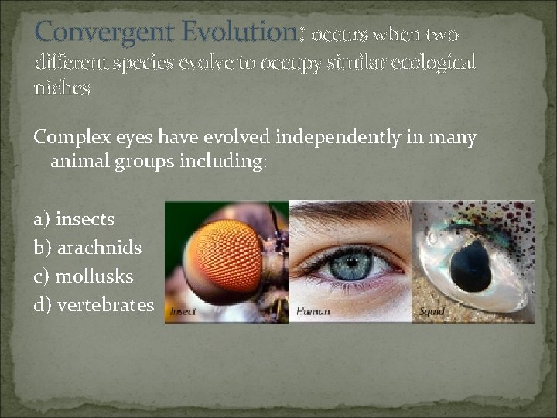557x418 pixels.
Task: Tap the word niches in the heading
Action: pos(62,88)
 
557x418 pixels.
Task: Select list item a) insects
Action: pos(73,220)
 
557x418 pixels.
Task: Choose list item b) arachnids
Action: pos(87,248)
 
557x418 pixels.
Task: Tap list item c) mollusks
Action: pos(84,276)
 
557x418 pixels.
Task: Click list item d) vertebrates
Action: pos(94,305)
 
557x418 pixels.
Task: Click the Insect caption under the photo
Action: pos(184,312)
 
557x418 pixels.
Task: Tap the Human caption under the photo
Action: pos(313,312)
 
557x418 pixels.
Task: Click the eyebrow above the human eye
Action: pos(348,213)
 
